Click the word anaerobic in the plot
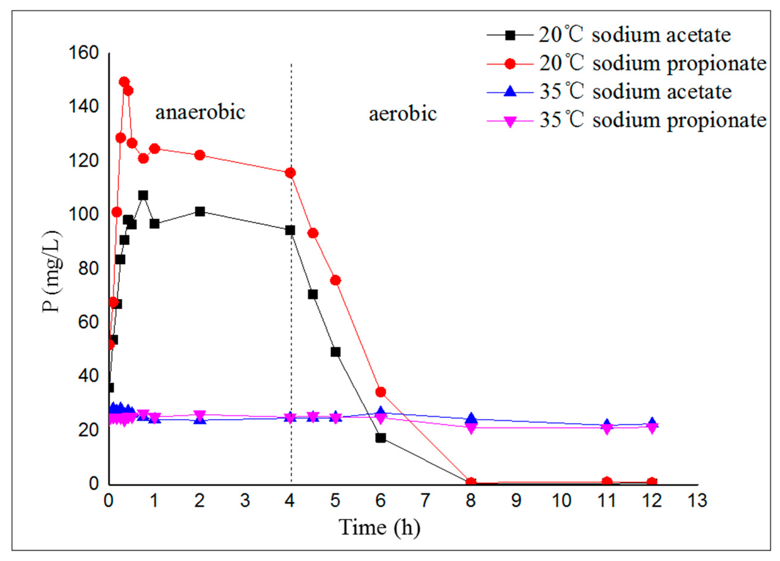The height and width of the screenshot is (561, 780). click(200, 112)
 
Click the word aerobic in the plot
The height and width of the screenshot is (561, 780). click(403, 114)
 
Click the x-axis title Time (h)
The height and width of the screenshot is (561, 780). click(380, 527)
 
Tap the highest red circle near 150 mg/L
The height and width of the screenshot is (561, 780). click(124, 82)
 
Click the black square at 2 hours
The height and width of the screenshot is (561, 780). click(200, 211)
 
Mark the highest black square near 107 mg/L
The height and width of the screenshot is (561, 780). click(143, 195)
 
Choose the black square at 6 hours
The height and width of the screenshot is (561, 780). click(381, 438)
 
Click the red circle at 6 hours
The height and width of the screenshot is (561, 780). click(381, 392)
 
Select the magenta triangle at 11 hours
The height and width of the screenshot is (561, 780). click(607, 429)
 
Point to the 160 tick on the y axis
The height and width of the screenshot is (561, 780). click(83, 53)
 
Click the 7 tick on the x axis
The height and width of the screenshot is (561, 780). click(425, 501)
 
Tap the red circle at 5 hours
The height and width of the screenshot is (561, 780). click(335, 280)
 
